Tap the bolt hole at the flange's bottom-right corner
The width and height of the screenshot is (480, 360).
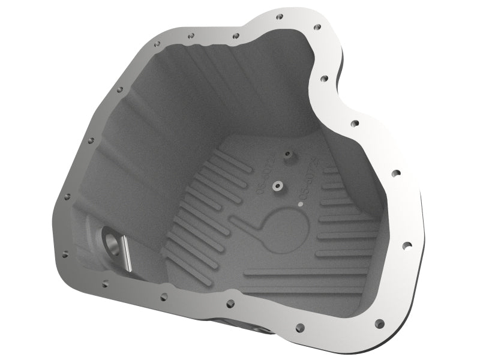click(x=379, y=324)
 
